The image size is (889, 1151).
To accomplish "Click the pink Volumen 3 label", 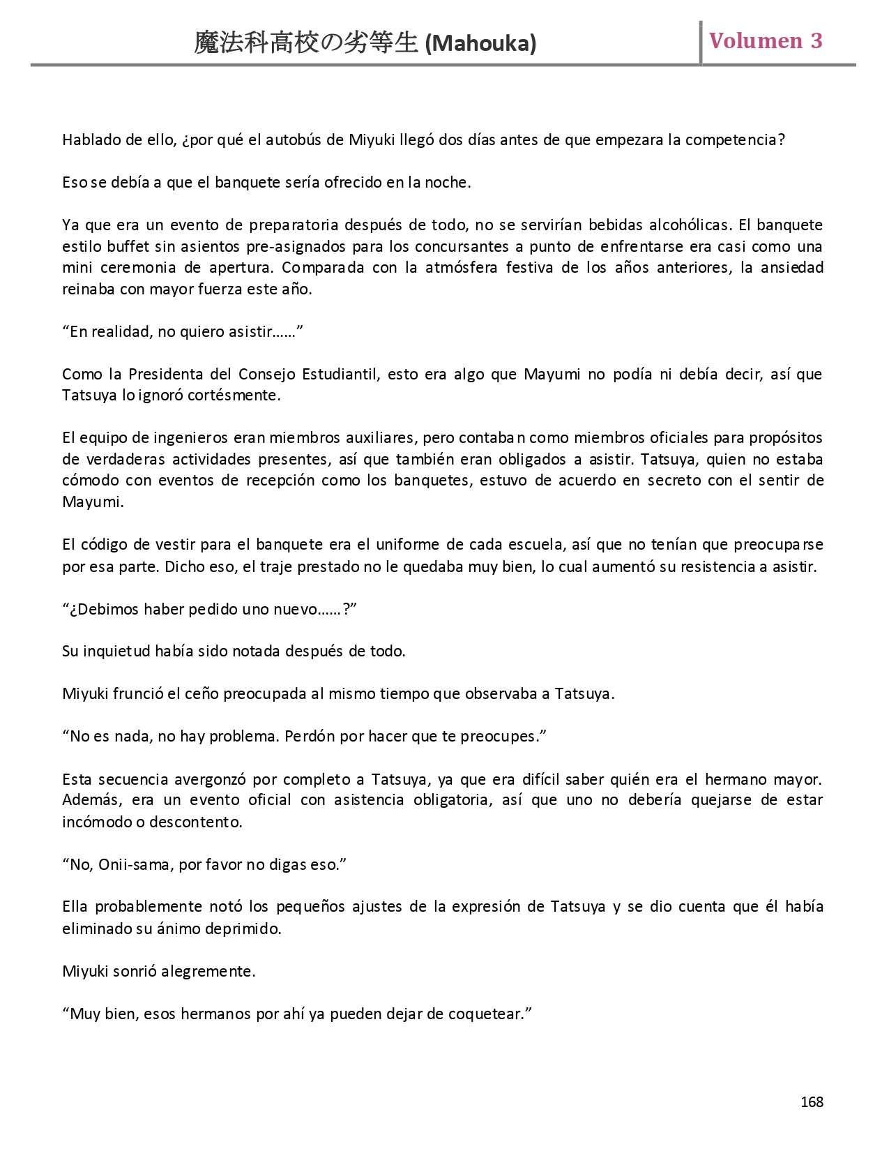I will click(766, 40).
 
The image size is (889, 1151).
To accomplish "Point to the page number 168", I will click(812, 1102).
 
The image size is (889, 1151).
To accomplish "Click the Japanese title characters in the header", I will click(307, 43).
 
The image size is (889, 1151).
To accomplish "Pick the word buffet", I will click(128, 246).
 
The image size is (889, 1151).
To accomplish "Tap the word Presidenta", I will click(166, 374).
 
